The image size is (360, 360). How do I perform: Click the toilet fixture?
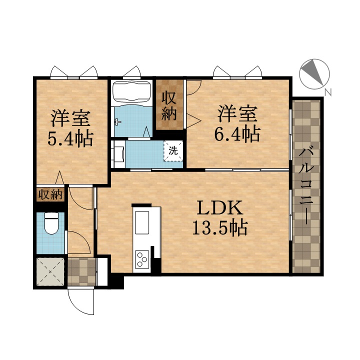pos(51,223)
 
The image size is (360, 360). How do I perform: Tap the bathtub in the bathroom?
pos(131,92)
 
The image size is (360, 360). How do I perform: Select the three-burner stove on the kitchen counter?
pos(142,259)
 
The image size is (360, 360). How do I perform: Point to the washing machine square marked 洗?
pos(173,151)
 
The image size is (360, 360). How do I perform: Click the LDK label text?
pos(219,207)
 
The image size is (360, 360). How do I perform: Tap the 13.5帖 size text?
pos(219,227)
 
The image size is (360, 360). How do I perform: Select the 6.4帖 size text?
pos(237,134)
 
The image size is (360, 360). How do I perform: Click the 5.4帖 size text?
pos(70,138)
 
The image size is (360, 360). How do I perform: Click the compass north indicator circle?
pos(314,74)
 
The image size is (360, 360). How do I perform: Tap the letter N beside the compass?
pos(328,92)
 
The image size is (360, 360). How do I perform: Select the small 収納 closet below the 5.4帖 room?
pos(50,195)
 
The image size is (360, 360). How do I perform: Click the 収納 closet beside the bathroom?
pos(169,105)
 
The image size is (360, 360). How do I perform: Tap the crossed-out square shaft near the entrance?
pos(50,271)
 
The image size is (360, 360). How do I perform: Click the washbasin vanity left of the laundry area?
pos(118,154)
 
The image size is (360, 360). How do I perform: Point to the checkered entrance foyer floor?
pos(81,272)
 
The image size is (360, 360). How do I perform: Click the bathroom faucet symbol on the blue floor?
pos(117,121)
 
